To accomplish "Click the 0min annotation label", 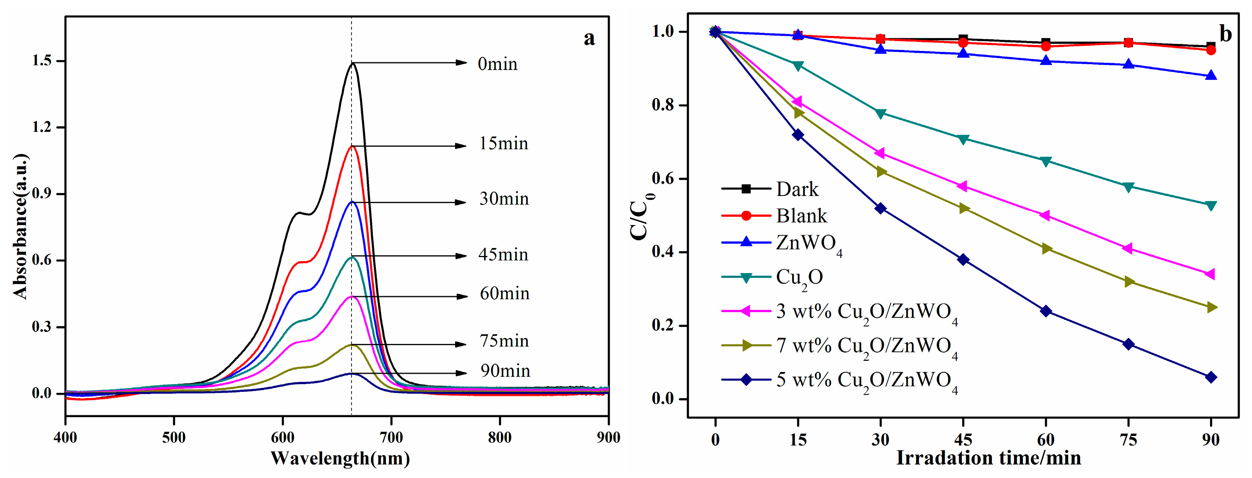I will [x=497, y=64].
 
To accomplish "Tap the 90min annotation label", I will [x=505, y=371].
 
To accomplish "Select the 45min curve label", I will [x=503, y=255].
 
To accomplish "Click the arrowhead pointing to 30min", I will [x=460, y=202].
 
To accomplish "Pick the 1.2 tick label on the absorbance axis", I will [x=42, y=127].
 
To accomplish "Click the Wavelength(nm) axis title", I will [x=340, y=459].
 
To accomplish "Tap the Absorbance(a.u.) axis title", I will [x=21, y=226].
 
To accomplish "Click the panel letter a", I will [x=589, y=38].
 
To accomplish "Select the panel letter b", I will [x=1226, y=34].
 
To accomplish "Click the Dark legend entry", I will [x=797, y=189].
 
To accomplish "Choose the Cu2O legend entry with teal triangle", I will [x=799, y=277].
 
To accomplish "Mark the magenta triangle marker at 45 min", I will [x=962, y=187].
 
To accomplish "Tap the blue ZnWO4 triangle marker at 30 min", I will [x=880, y=49].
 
